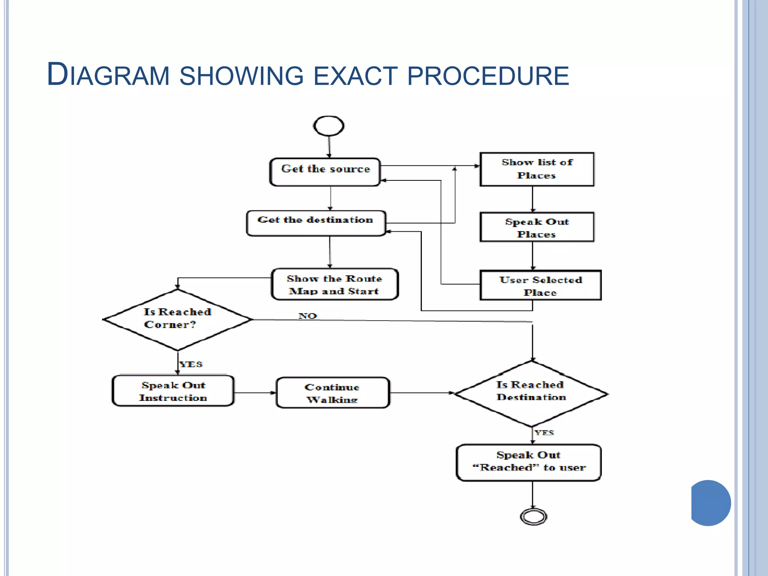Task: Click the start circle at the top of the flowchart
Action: coord(328,126)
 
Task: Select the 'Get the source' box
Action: coord(325,172)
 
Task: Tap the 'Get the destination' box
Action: coord(316,223)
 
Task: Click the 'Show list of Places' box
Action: coord(537,169)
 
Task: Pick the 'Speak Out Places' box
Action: coord(537,227)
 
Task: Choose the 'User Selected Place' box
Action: coord(540,285)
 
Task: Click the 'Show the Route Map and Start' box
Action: coord(334,284)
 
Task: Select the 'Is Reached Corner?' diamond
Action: coord(177,319)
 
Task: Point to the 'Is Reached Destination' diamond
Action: coord(531,393)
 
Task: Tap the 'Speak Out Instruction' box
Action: coord(173,391)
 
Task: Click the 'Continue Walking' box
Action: coord(333,393)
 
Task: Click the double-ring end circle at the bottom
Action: coord(533,517)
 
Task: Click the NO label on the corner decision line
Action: coord(307,316)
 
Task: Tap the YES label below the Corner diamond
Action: coord(191,364)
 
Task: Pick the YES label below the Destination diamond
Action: coord(544,432)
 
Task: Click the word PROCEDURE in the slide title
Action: coord(487,76)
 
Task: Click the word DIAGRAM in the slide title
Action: coord(108,75)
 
